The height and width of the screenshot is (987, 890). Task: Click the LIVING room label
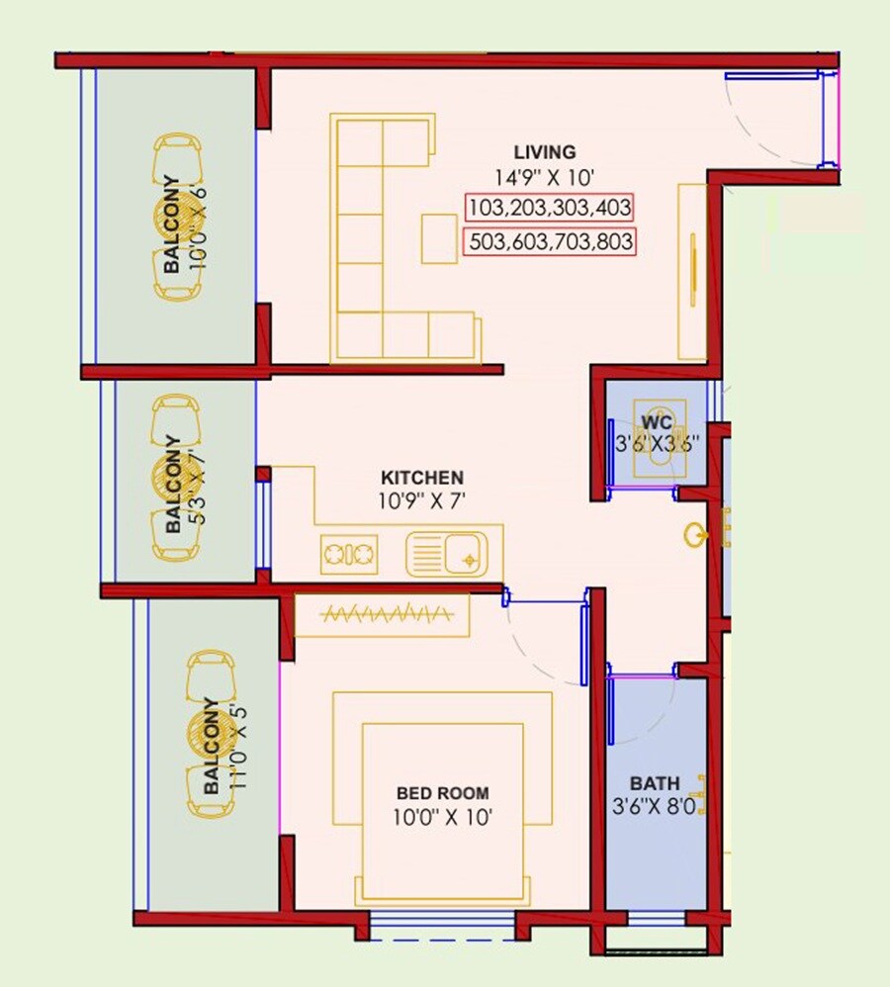[544, 152]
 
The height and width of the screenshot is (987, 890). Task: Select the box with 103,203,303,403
[549, 208]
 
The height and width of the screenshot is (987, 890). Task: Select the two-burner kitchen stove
[349, 554]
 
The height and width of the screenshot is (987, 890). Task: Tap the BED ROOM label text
[442, 793]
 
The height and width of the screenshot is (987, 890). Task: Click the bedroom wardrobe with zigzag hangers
[382, 615]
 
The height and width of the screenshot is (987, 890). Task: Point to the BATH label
[655, 784]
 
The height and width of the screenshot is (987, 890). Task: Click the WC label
[656, 423]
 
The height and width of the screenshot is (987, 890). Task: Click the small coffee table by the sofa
[439, 238]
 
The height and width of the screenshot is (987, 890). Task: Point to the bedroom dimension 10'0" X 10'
[442, 817]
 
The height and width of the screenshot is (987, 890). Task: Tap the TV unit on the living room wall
[692, 271]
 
